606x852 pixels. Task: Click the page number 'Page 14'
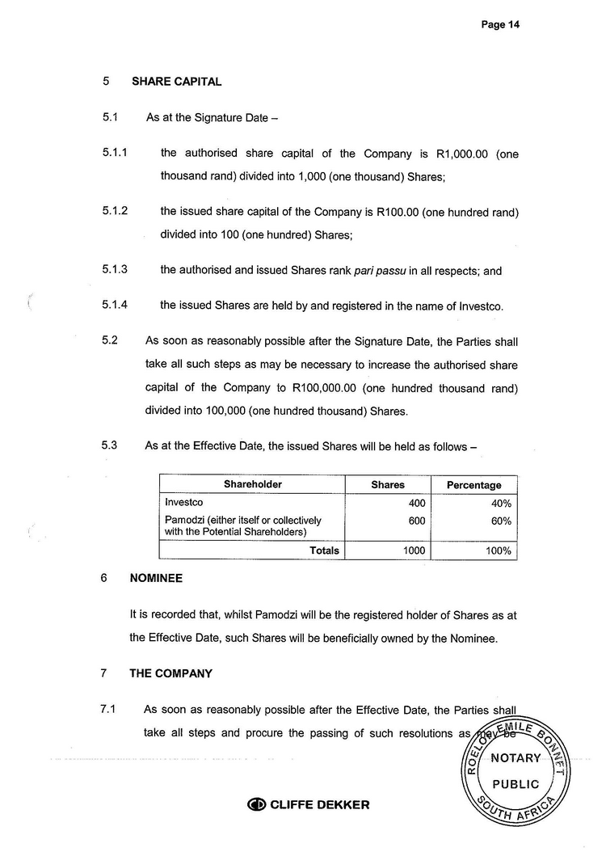[499, 25]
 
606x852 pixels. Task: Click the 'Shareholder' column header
[252, 485]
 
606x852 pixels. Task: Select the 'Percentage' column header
[473, 485]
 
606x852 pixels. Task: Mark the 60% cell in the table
[501, 521]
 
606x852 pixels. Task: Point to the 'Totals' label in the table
[325, 550]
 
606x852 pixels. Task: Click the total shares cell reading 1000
[410, 550]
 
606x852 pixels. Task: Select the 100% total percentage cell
[498, 550]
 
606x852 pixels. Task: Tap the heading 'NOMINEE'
[156, 579]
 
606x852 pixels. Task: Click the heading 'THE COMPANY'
[170, 673]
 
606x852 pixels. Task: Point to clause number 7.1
[109, 710]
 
